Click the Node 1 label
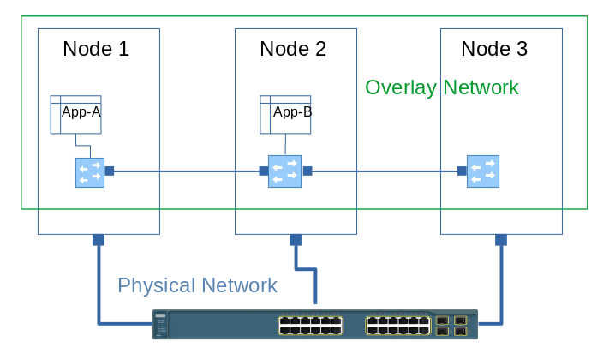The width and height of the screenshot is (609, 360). pos(96,49)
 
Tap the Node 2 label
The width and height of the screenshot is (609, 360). pos(293,49)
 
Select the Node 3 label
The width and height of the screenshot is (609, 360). pos(494,49)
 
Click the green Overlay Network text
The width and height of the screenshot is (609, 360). pos(441,87)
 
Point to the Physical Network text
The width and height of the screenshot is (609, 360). pos(197,285)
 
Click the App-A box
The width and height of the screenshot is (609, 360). pos(76,114)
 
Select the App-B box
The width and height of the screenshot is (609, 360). pos(286,114)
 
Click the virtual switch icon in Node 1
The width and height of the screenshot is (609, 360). pos(89,171)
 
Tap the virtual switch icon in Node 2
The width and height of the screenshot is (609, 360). pos(283,171)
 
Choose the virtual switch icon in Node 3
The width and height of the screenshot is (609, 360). pos(483,171)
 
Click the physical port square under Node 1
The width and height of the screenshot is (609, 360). pos(99,240)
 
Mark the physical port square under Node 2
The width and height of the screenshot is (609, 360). pos(296,240)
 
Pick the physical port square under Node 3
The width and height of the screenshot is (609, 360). pos(501,240)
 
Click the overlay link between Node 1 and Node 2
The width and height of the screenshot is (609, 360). pos(184,171)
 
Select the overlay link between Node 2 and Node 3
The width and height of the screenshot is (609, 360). pos(385,171)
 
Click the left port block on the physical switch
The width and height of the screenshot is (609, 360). pos(310,325)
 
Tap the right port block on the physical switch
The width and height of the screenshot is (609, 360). pos(397,325)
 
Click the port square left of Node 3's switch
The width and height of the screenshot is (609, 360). pos(462,171)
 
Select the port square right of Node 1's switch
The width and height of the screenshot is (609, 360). pos(109,171)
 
